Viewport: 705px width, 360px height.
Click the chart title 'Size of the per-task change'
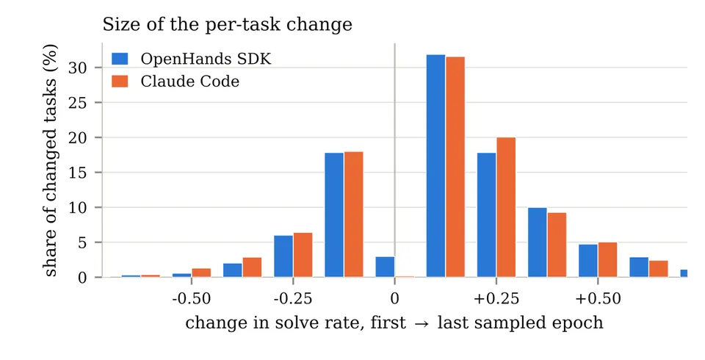coord(227,24)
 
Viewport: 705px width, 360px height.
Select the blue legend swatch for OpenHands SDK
coord(120,59)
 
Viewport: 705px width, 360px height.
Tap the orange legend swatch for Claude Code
coord(120,81)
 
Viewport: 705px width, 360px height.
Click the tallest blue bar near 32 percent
coord(435,165)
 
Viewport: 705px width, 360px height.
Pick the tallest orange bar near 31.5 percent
coord(455,167)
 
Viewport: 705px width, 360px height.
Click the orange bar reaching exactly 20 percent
coord(506,207)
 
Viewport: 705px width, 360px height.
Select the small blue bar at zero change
coord(385,267)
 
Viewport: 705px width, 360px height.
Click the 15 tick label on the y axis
coord(77,173)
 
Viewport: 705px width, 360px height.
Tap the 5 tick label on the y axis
coord(82,242)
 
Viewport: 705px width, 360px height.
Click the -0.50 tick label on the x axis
coord(192,298)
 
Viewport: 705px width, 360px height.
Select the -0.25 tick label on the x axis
coord(293,298)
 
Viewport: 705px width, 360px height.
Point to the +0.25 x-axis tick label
coord(496,298)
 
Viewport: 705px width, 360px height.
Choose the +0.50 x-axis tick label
coord(598,298)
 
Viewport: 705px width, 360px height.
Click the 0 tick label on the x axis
coord(395,298)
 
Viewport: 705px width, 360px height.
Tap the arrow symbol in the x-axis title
coord(421,323)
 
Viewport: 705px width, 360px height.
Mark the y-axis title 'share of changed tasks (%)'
coord(50,160)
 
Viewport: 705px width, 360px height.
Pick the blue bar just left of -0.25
coord(283,256)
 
